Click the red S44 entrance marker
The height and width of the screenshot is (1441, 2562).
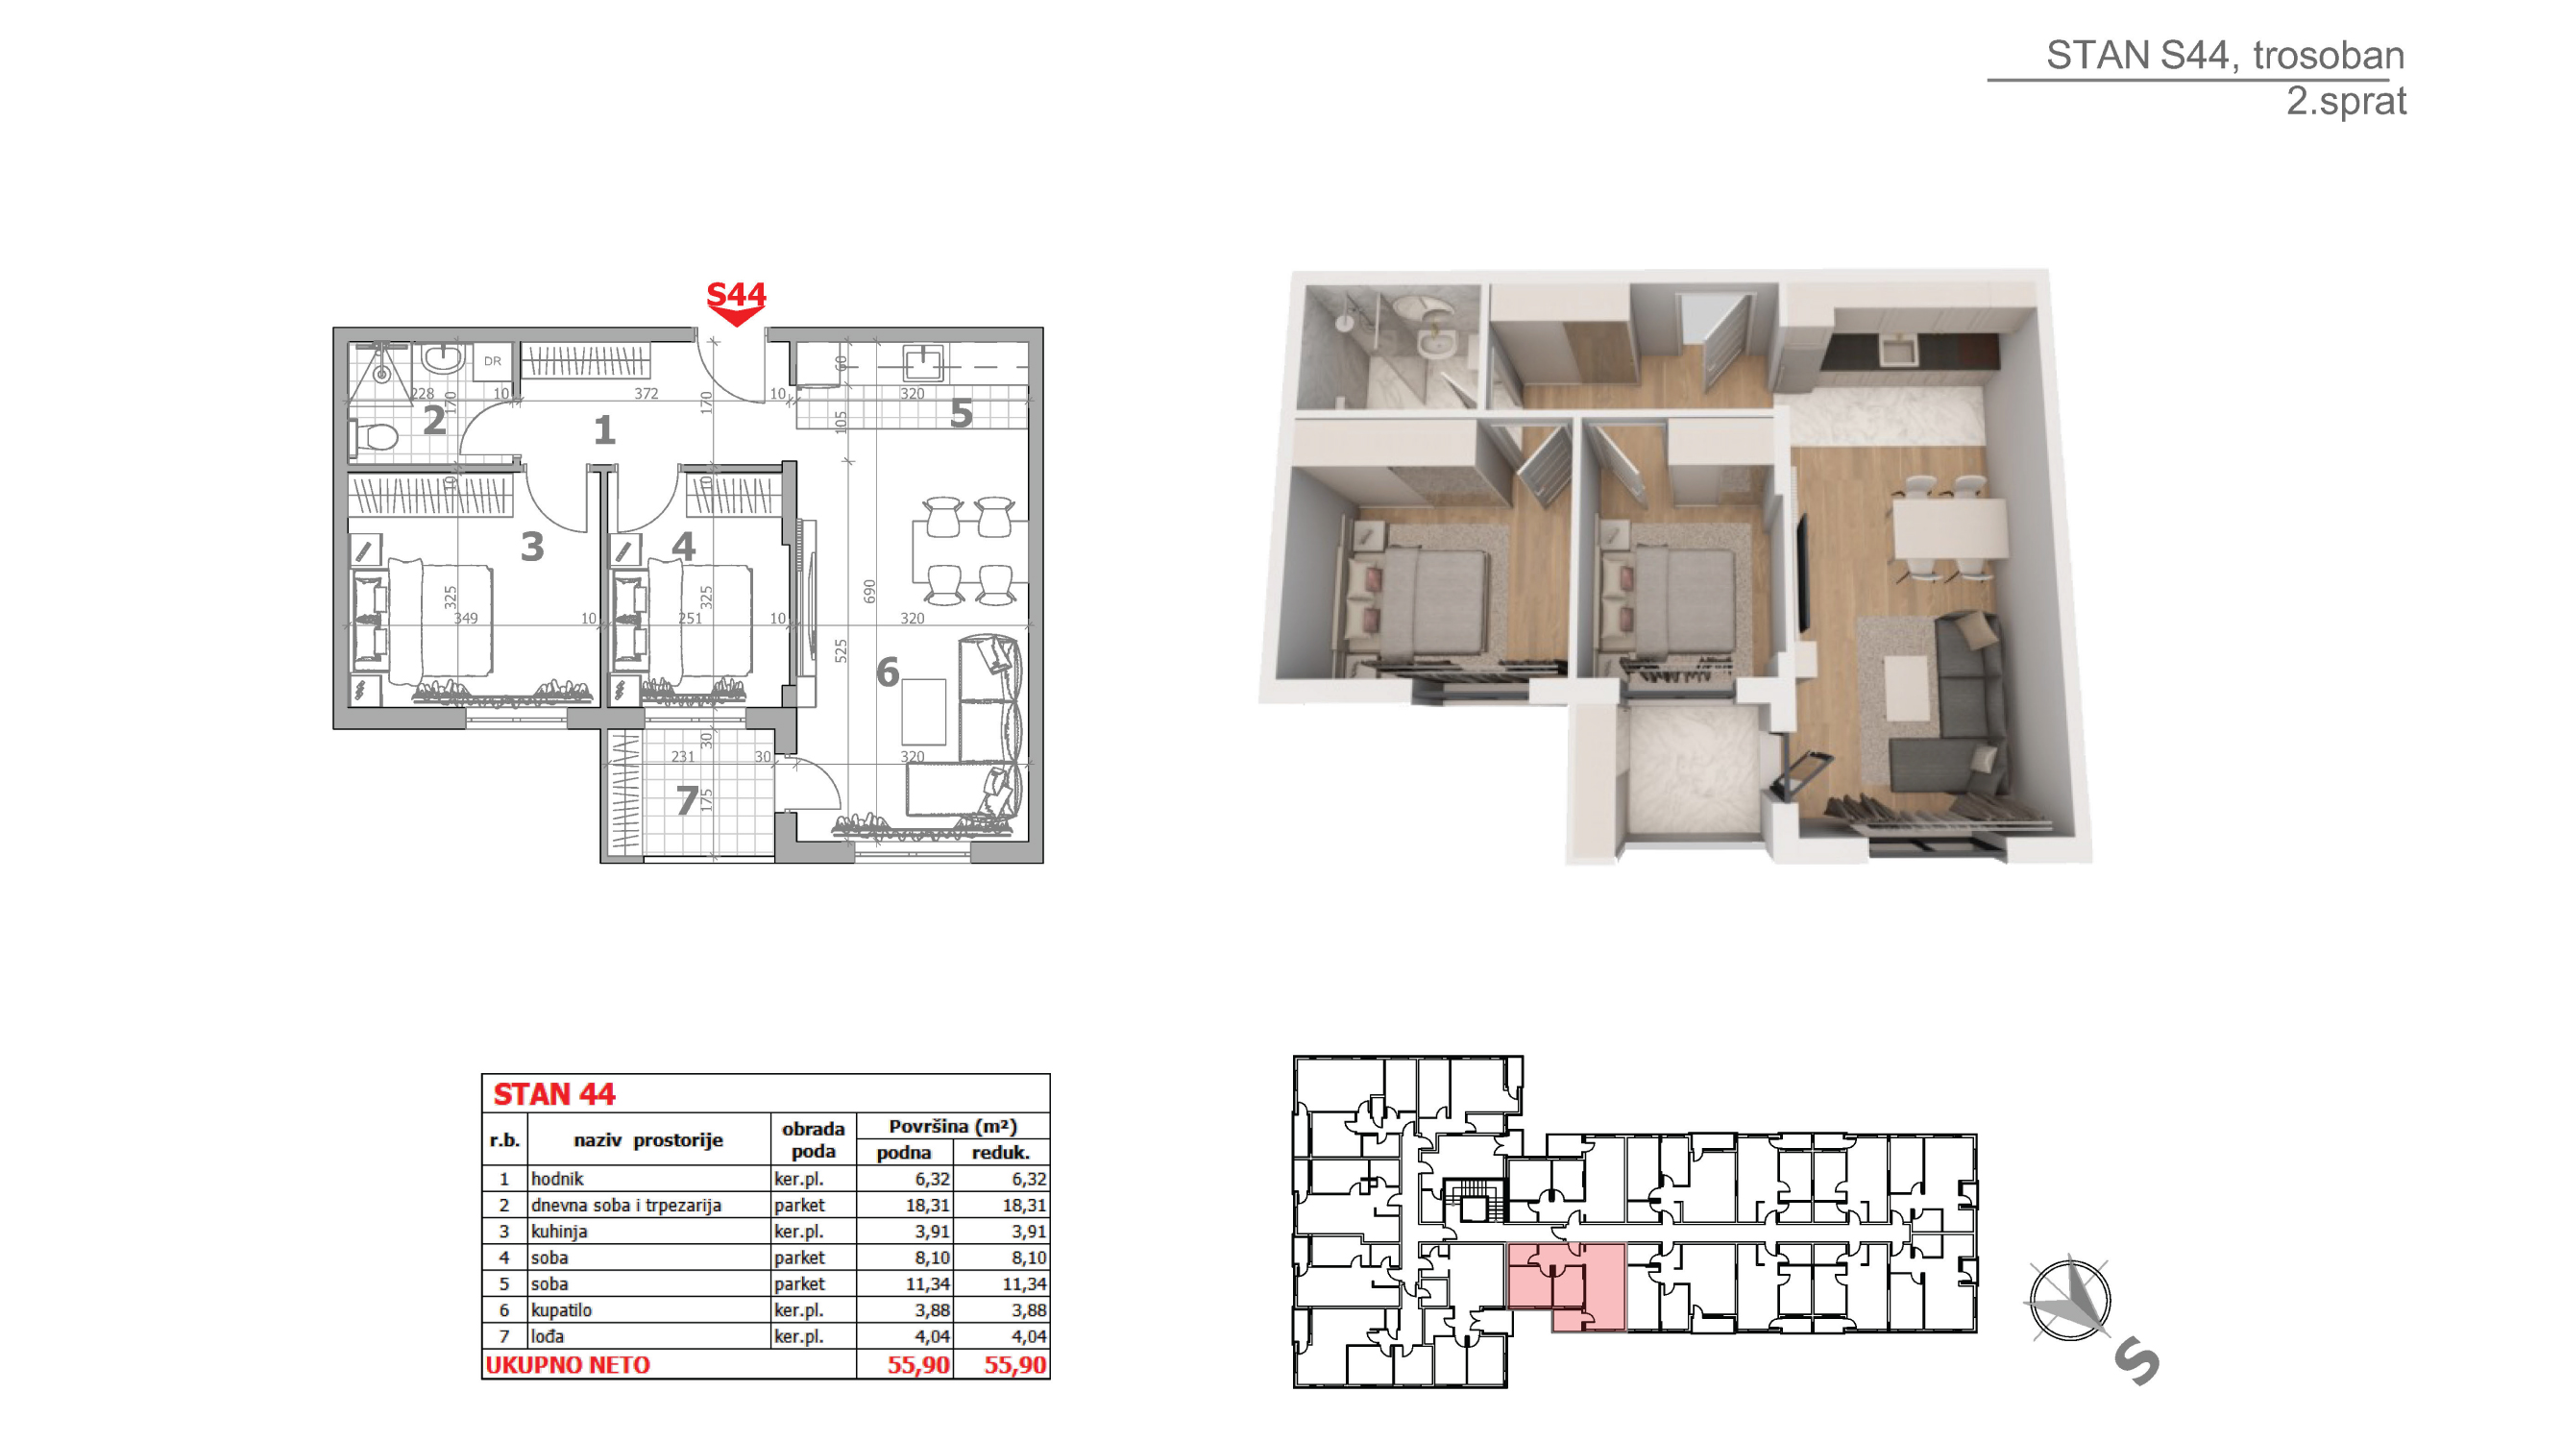(736, 303)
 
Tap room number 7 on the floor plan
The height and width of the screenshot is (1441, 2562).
(686, 800)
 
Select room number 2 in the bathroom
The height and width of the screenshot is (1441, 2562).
(433, 421)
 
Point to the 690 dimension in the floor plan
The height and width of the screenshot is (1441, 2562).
(869, 591)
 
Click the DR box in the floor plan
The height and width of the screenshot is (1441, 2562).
(492, 361)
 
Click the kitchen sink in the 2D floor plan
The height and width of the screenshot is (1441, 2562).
(923, 362)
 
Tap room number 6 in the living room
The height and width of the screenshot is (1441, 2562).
(888, 673)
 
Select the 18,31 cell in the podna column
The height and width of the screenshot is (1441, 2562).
(927, 1205)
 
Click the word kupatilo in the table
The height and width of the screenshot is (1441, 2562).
(561, 1309)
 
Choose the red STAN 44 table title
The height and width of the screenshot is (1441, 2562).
(554, 1094)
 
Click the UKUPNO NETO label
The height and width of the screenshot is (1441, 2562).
(568, 1364)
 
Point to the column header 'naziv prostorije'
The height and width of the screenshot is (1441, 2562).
(648, 1139)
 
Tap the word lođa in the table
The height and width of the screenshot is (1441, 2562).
(547, 1336)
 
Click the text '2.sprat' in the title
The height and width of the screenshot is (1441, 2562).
(2346, 102)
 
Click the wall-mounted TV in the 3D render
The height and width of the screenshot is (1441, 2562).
(1801, 572)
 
